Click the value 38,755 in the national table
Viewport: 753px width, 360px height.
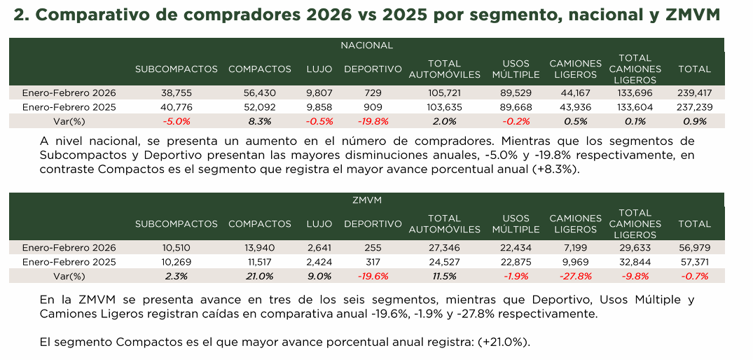[176, 92]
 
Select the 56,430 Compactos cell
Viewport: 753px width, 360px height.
[259, 92]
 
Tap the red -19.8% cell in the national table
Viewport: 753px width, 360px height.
[373, 121]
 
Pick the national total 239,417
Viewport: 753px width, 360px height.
[694, 92]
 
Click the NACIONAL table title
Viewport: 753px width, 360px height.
[366, 45]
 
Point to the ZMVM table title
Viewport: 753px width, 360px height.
[366, 200]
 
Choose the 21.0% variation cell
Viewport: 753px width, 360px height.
[259, 276]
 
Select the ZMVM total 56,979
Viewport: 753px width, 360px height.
[694, 247]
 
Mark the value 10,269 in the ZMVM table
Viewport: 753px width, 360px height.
[176, 262]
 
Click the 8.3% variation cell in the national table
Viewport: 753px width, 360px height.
[259, 121]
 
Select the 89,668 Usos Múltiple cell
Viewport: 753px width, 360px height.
[516, 107]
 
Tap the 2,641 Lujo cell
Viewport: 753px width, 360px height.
[319, 247]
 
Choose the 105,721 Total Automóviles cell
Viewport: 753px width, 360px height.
[444, 92]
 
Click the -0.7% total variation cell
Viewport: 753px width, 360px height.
[694, 276]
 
